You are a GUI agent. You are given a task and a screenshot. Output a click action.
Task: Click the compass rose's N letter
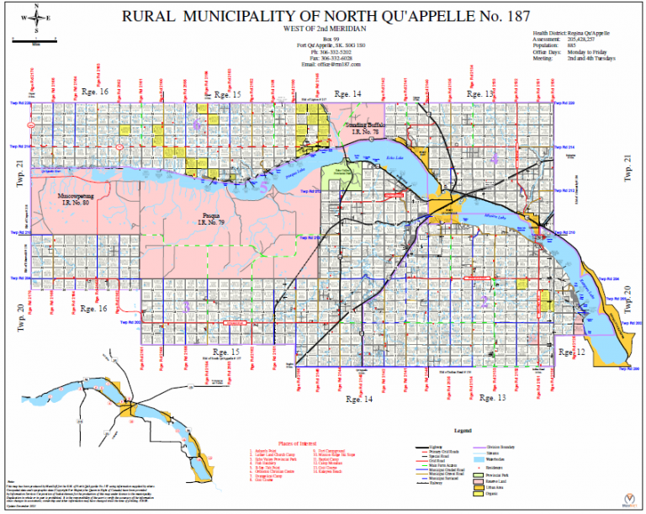coord(37,6)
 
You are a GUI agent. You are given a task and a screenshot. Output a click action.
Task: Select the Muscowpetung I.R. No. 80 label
coord(74,199)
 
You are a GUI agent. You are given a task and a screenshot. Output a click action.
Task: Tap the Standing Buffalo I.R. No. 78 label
coord(363,128)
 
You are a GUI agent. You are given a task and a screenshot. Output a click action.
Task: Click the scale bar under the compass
coord(37,38)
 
